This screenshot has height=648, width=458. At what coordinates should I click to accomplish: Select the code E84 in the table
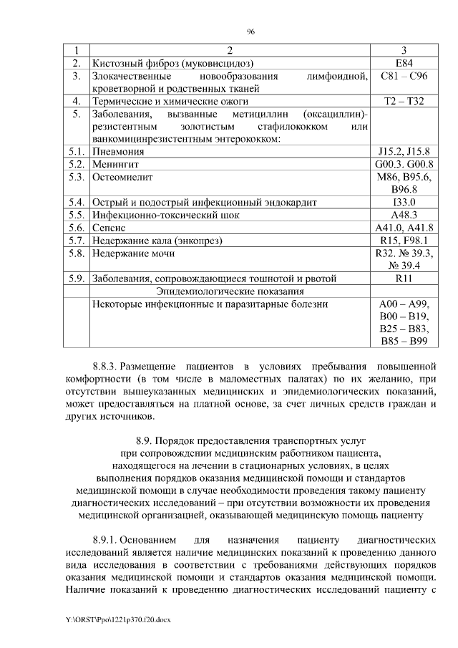404,64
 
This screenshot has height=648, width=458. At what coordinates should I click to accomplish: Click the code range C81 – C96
404,76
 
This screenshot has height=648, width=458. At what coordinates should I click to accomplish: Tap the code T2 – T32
404,101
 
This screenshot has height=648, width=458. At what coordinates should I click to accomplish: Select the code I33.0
404,202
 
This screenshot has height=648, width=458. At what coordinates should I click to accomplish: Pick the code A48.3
404,215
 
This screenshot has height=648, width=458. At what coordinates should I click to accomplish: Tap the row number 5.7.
77,240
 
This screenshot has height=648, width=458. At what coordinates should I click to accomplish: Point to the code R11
404,279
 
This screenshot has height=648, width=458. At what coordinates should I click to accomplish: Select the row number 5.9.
77,279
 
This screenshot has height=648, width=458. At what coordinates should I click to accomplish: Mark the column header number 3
404,51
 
